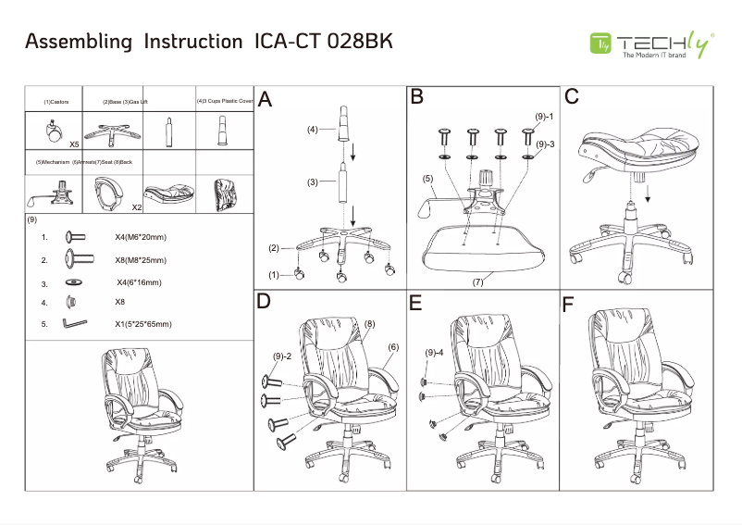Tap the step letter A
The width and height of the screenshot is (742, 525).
point(266,100)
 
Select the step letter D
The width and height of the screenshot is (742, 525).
point(265,302)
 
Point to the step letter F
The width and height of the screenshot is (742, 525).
point(569,305)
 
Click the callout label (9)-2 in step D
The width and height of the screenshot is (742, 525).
point(282,356)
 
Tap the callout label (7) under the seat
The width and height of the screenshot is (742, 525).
point(478,281)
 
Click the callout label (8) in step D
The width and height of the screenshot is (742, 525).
point(369,324)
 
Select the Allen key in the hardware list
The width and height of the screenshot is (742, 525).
point(74,324)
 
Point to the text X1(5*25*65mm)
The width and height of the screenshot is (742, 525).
point(143,324)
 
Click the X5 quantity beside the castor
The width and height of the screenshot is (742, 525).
point(74,145)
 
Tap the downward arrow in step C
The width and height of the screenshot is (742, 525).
point(645,195)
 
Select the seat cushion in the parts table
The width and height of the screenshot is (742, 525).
point(168,193)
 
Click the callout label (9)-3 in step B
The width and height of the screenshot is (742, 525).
point(545,144)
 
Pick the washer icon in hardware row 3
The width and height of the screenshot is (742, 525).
point(73,281)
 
